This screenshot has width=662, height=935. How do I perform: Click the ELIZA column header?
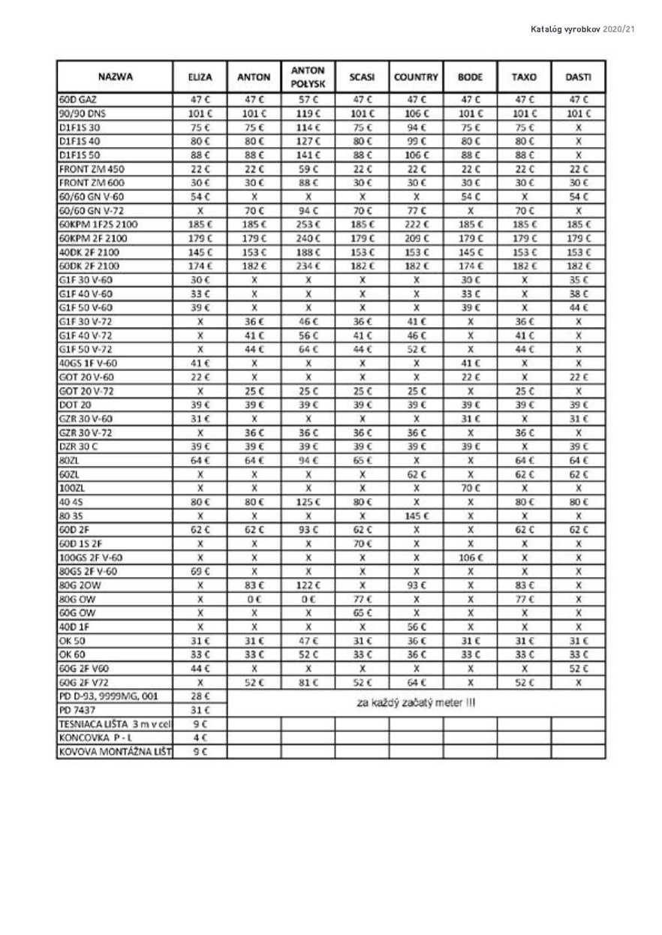click(200, 77)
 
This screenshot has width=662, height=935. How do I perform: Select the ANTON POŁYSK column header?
click(308, 77)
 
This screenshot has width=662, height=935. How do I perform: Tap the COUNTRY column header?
click(416, 77)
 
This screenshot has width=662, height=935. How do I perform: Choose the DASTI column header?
click(578, 77)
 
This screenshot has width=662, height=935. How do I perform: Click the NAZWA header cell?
click(116, 77)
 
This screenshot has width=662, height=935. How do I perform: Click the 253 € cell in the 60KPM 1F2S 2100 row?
click(308, 224)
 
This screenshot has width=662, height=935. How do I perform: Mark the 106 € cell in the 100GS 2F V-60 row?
click(470, 558)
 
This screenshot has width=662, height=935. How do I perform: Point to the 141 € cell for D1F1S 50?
click(308, 155)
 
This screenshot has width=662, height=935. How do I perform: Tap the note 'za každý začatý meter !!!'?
click(416, 703)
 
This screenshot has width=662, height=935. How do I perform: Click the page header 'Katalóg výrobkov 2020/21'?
click(582, 29)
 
